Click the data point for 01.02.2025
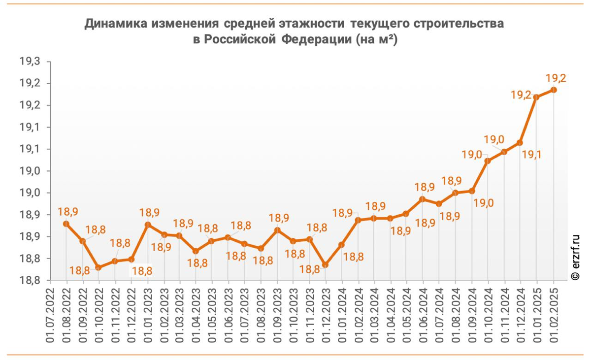tap(554, 90)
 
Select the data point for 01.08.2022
tap(66, 224)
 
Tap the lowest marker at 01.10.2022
tap(98, 267)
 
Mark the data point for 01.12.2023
tap(326, 265)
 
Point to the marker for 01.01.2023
tap(147, 225)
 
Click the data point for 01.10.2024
tap(488, 161)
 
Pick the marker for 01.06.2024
tap(423, 199)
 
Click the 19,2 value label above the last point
tap(556, 78)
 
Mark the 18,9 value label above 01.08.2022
tap(67, 212)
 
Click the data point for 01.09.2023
tap(277, 230)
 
